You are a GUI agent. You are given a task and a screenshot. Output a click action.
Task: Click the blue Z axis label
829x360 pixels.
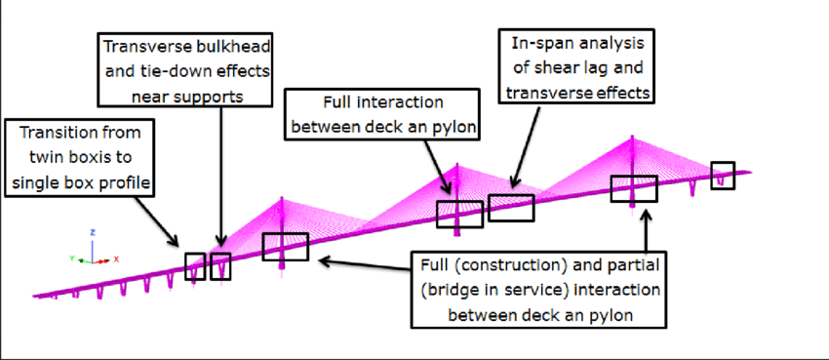(x=92, y=233)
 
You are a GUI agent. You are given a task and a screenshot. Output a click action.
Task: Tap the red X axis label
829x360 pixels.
(x=116, y=260)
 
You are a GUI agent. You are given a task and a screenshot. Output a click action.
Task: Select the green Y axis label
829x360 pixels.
(x=71, y=259)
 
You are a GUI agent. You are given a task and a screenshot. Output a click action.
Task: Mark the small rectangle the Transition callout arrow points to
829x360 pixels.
(x=195, y=265)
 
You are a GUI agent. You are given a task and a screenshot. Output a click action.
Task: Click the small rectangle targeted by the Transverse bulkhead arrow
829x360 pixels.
(x=221, y=265)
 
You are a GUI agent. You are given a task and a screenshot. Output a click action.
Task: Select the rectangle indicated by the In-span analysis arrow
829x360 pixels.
(x=511, y=208)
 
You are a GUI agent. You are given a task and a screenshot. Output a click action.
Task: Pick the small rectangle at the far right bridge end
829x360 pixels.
(x=723, y=176)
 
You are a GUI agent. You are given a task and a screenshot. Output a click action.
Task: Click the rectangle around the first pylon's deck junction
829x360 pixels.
(x=285, y=247)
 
